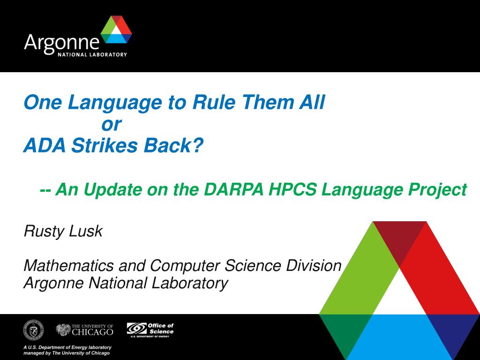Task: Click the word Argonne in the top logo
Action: (62, 43)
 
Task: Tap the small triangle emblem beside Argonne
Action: (116, 30)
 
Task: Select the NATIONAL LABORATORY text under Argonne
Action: (92, 54)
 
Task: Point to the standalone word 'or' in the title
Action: (112, 125)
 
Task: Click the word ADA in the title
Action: (45, 145)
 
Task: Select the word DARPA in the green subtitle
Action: (233, 189)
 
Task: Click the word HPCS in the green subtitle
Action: (292, 189)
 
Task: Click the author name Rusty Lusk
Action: (63, 231)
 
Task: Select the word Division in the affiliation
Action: (314, 265)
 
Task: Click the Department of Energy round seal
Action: (33, 330)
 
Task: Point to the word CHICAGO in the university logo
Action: (92, 332)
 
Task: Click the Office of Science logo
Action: (150, 330)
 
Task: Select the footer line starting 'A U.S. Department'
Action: (67, 347)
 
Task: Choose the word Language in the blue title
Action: (114, 103)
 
